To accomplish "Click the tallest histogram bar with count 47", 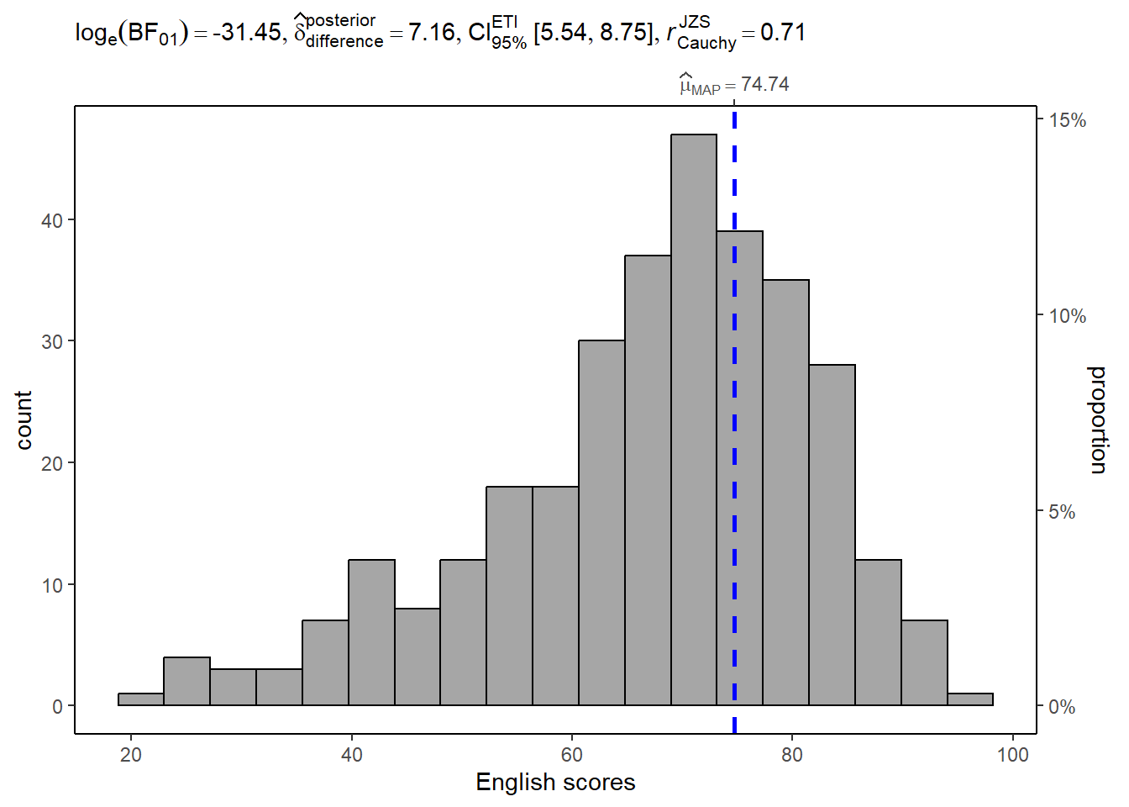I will (x=694, y=419).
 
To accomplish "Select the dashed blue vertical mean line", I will (x=734, y=420).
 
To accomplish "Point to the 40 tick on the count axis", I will (x=52, y=220).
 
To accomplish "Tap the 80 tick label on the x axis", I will (x=791, y=754).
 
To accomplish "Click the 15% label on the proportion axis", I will (x=1067, y=120).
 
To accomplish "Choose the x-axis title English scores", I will (x=555, y=782).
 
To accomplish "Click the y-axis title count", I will (x=24, y=419).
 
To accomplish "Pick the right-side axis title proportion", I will (x=1098, y=419).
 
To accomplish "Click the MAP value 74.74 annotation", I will (x=764, y=84).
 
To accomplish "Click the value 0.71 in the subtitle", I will (x=783, y=32).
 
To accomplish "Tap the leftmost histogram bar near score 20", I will (x=141, y=699).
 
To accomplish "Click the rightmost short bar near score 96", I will (x=970, y=699).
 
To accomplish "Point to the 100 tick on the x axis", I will (x=1012, y=754).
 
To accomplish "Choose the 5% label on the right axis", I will (x=1062, y=512).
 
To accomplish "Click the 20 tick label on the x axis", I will (x=131, y=754).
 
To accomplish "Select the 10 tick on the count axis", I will (x=52, y=585).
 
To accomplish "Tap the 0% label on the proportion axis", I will (x=1062, y=707).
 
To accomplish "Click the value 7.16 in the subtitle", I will (x=431, y=32).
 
